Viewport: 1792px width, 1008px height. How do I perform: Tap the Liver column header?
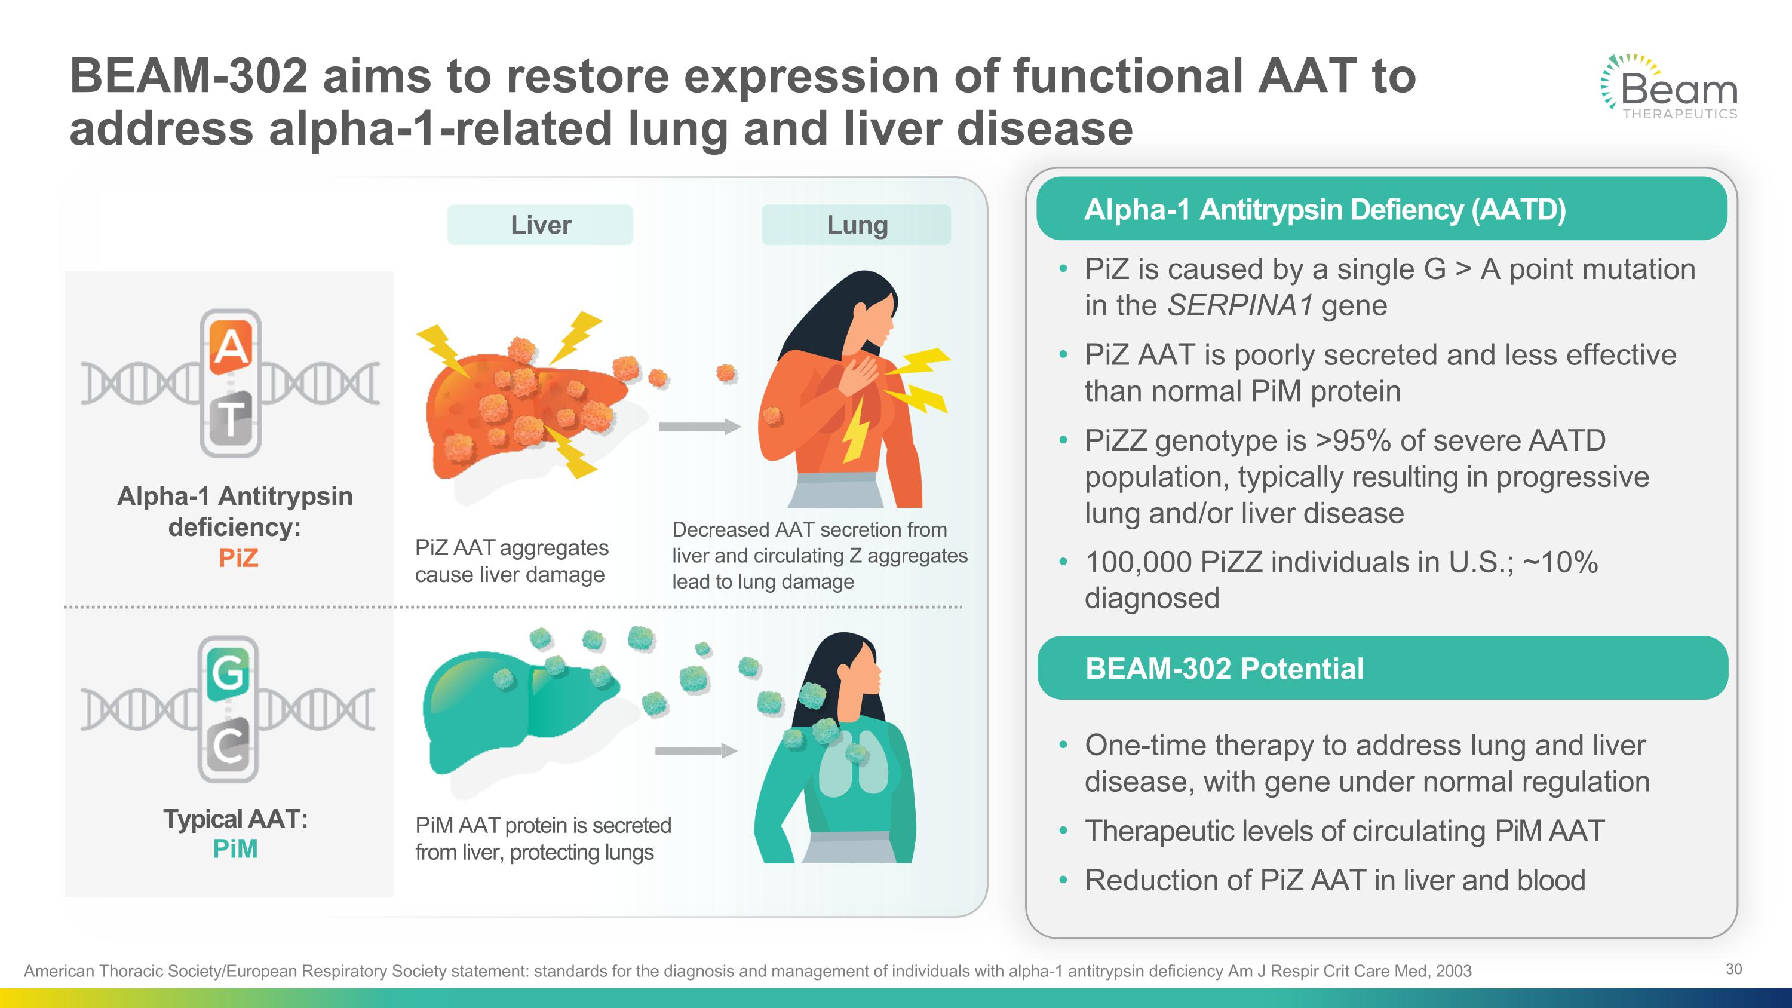pyautogui.click(x=540, y=225)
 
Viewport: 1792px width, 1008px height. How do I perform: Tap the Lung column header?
pyautogui.click(x=857, y=225)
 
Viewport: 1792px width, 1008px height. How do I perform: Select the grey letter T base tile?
pyautogui.click(x=231, y=419)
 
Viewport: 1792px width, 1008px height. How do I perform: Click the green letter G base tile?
pyautogui.click(x=228, y=673)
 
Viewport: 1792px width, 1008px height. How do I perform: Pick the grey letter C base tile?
pyautogui.click(x=228, y=746)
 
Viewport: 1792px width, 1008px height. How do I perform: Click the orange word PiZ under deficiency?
pyautogui.click(x=238, y=558)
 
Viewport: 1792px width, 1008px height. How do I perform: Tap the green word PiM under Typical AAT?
pyautogui.click(x=235, y=848)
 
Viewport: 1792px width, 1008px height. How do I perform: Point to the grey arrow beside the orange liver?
pyautogui.click(x=699, y=427)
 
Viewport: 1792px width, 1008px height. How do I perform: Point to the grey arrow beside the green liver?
pyautogui.click(x=696, y=750)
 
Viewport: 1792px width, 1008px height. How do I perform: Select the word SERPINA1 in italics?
pyautogui.click(x=1239, y=305)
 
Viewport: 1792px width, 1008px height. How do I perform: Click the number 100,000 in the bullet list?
pyautogui.click(x=1138, y=562)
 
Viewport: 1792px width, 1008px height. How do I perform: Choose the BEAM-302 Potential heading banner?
pyautogui.click(x=1382, y=668)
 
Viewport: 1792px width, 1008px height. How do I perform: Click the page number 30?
pyautogui.click(x=1733, y=969)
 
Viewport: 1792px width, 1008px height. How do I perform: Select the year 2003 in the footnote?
pyautogui.click(x=1453, y=971)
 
